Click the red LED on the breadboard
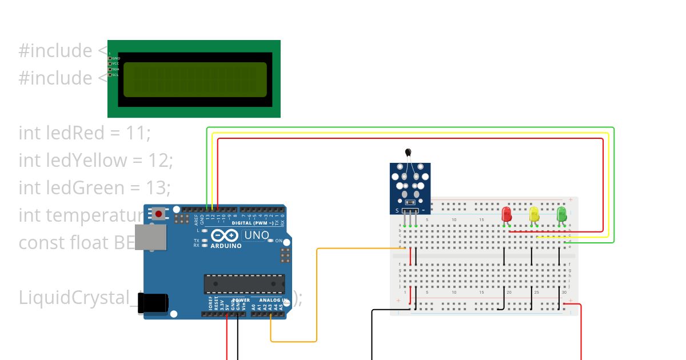(x=506, y=214)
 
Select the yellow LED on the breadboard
(x=534, y=214)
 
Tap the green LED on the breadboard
(x=561, y=214)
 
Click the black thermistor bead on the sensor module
(x=408, y=152)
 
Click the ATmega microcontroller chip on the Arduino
(x=245, y=284)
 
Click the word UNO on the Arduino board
(x=257, y=235)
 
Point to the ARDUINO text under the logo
(x=225, y=246)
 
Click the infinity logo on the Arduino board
(x=225, y=235)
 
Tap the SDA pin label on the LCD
(x=115, y=69)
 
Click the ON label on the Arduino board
(x=278, y=241)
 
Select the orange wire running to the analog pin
(x=316, y=297)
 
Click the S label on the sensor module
(x=397, y=211)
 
